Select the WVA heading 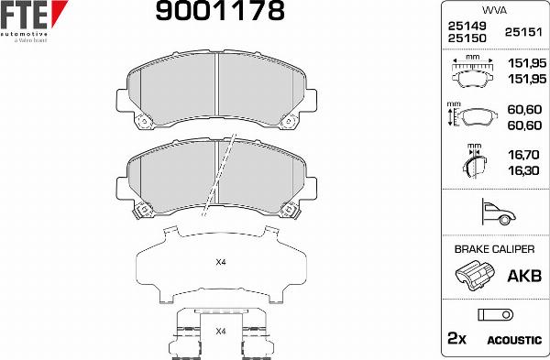coord(493,9)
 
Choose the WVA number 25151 coord(522,32)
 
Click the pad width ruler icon coord(472,70)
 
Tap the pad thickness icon coord(472,163)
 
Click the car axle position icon coord(493,213)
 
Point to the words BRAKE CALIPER coord(493,248)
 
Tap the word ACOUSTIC coord(514,340)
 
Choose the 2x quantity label coord(456,339)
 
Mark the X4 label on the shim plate coord(220,263)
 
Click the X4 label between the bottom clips coord(220,331)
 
